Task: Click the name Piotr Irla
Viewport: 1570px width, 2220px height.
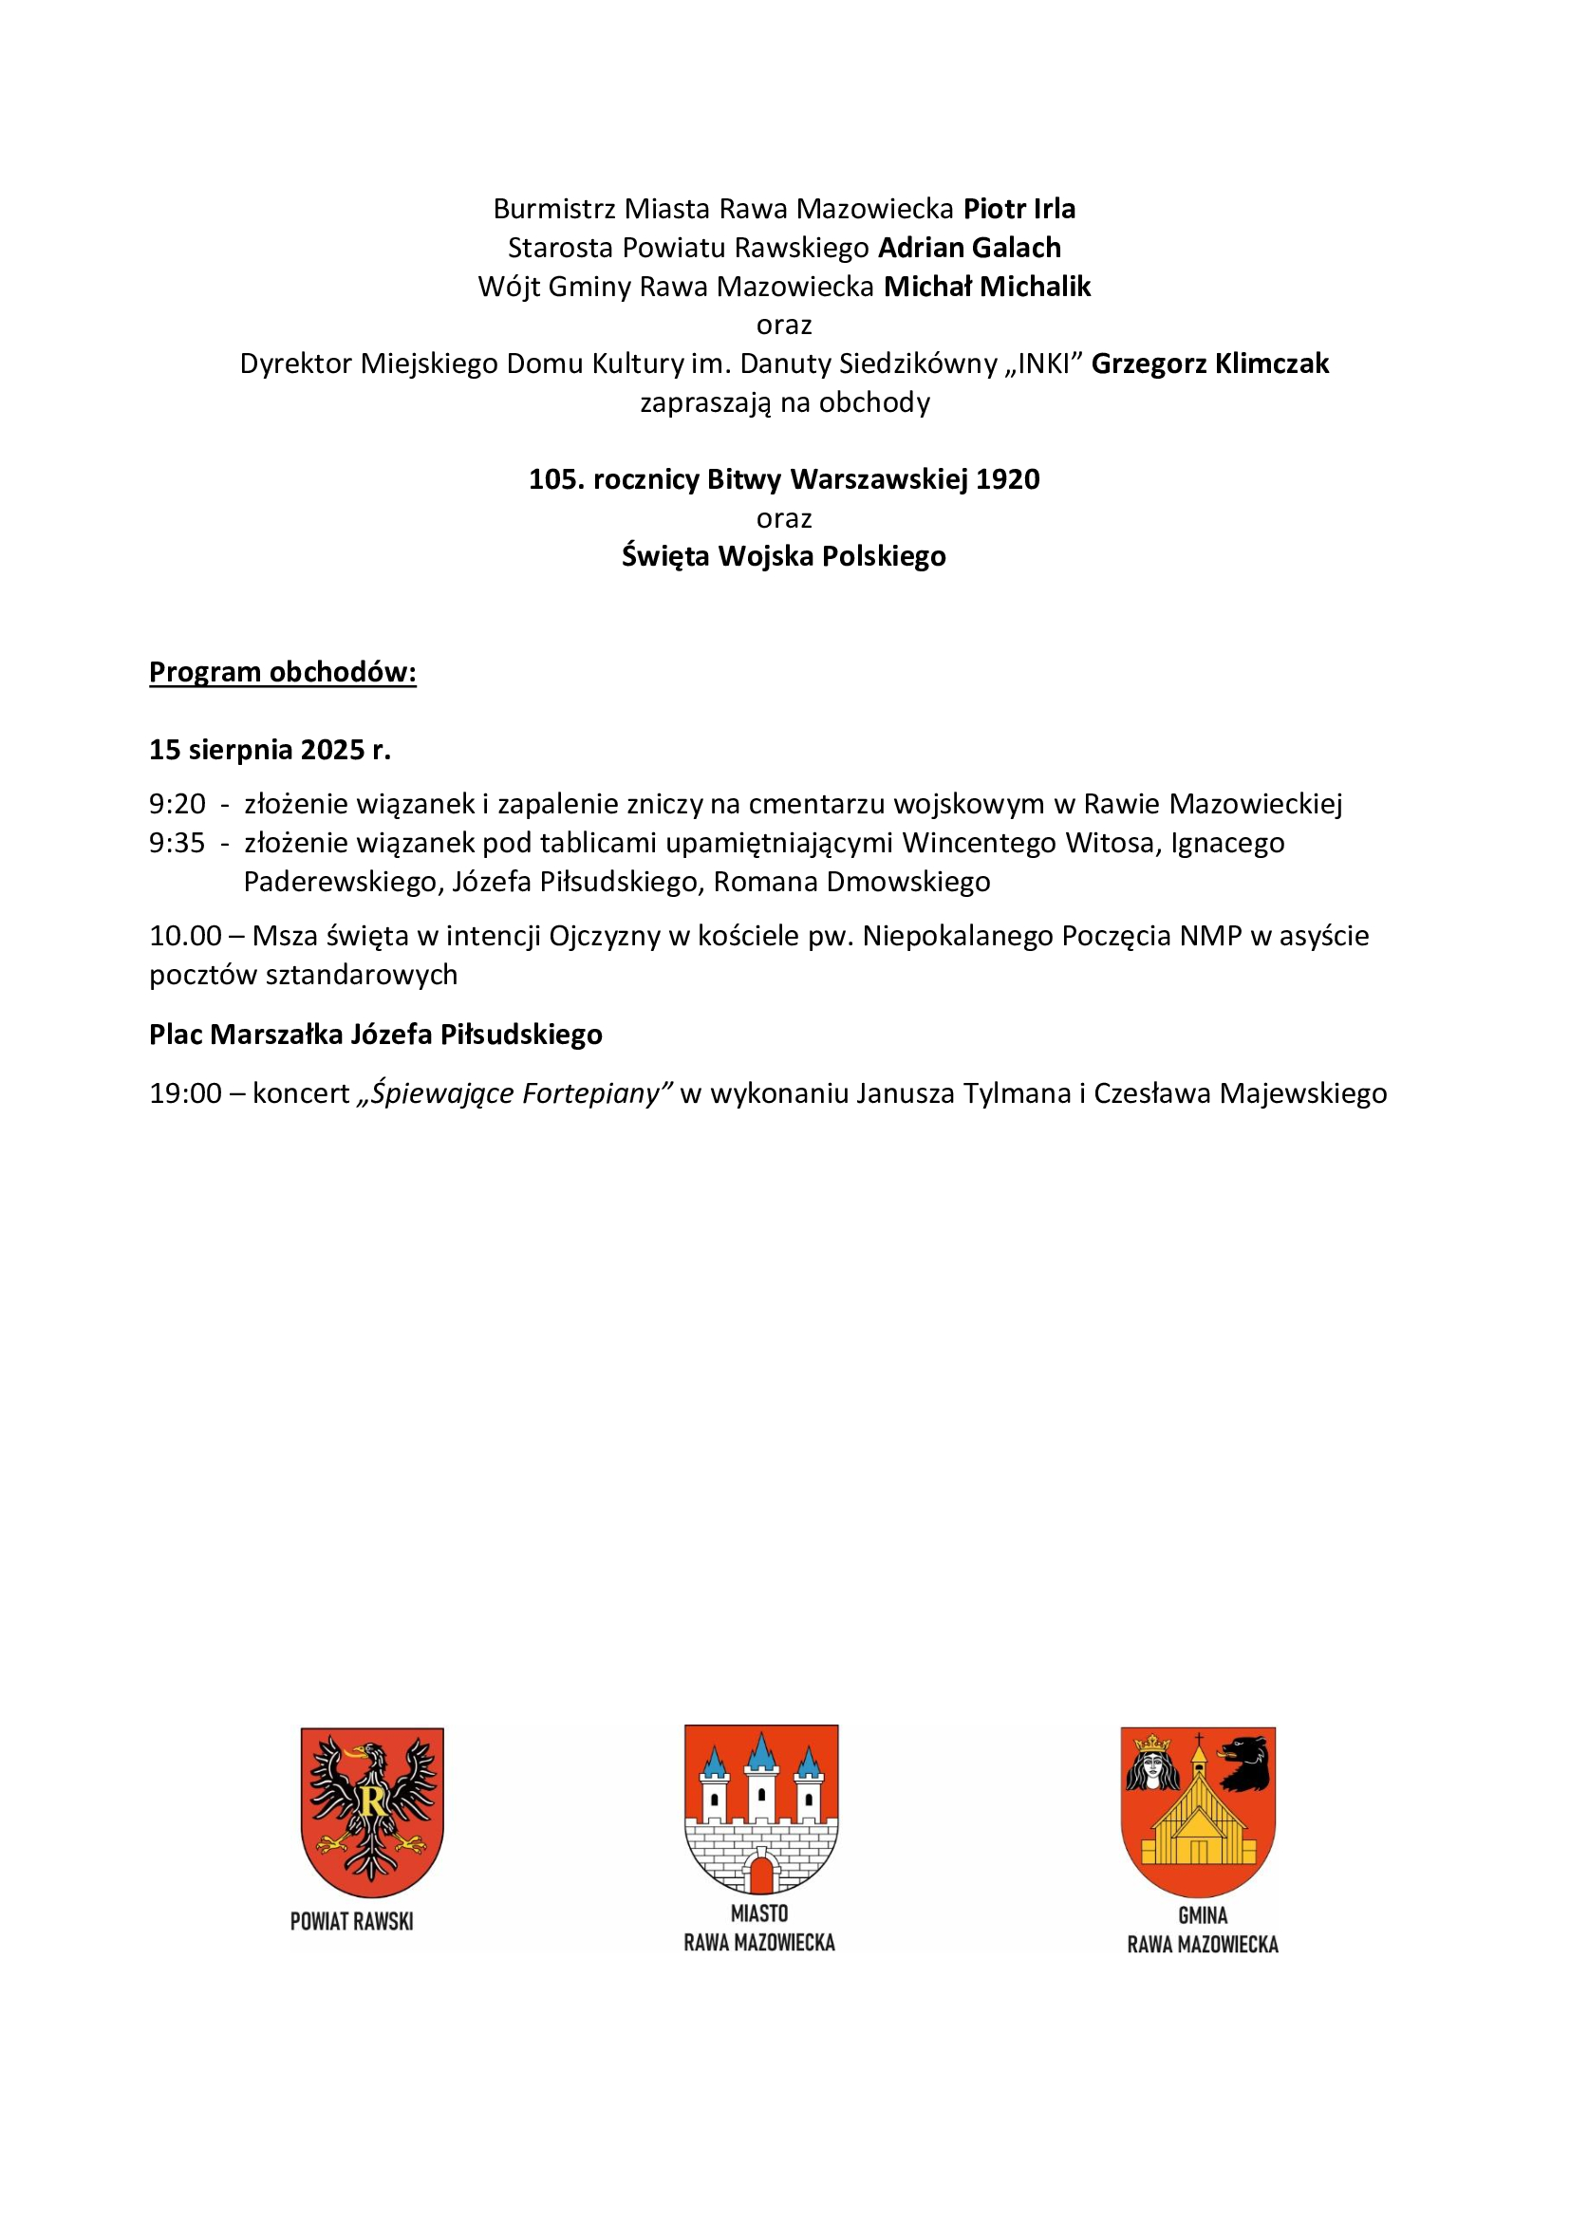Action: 1019,209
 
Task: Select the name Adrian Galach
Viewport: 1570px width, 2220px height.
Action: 969,248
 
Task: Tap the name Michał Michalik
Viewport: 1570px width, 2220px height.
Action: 987,287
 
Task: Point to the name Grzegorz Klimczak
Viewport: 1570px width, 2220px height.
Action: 1209,364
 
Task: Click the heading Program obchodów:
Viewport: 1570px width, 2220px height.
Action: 282,672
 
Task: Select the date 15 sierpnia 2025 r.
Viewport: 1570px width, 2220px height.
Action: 270,750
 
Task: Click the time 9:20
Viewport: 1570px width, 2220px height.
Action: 177,804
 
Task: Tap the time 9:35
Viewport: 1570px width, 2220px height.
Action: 177,842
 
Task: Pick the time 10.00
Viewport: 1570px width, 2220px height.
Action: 185,935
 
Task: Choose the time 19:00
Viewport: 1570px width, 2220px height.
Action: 185,1092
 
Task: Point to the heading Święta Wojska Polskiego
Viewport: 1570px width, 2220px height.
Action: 783,556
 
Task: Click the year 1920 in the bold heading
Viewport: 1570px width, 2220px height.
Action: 1007,479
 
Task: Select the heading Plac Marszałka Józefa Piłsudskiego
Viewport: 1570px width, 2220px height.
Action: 375,1035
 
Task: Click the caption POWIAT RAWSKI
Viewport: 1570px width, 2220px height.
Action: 352,1921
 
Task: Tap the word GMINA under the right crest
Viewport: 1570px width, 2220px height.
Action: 1203,1915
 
